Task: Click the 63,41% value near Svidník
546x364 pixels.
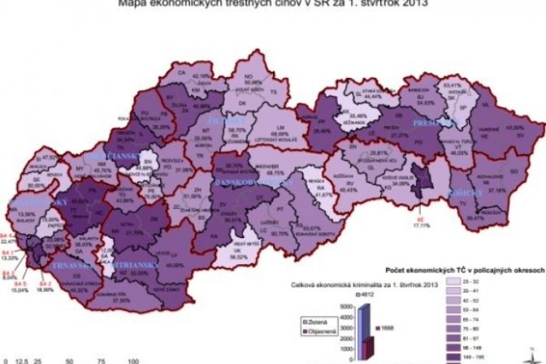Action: pyautogui.click(x=451, y=84)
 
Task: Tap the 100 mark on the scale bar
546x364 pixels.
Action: pyautogui.click(x=131, y=357)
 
